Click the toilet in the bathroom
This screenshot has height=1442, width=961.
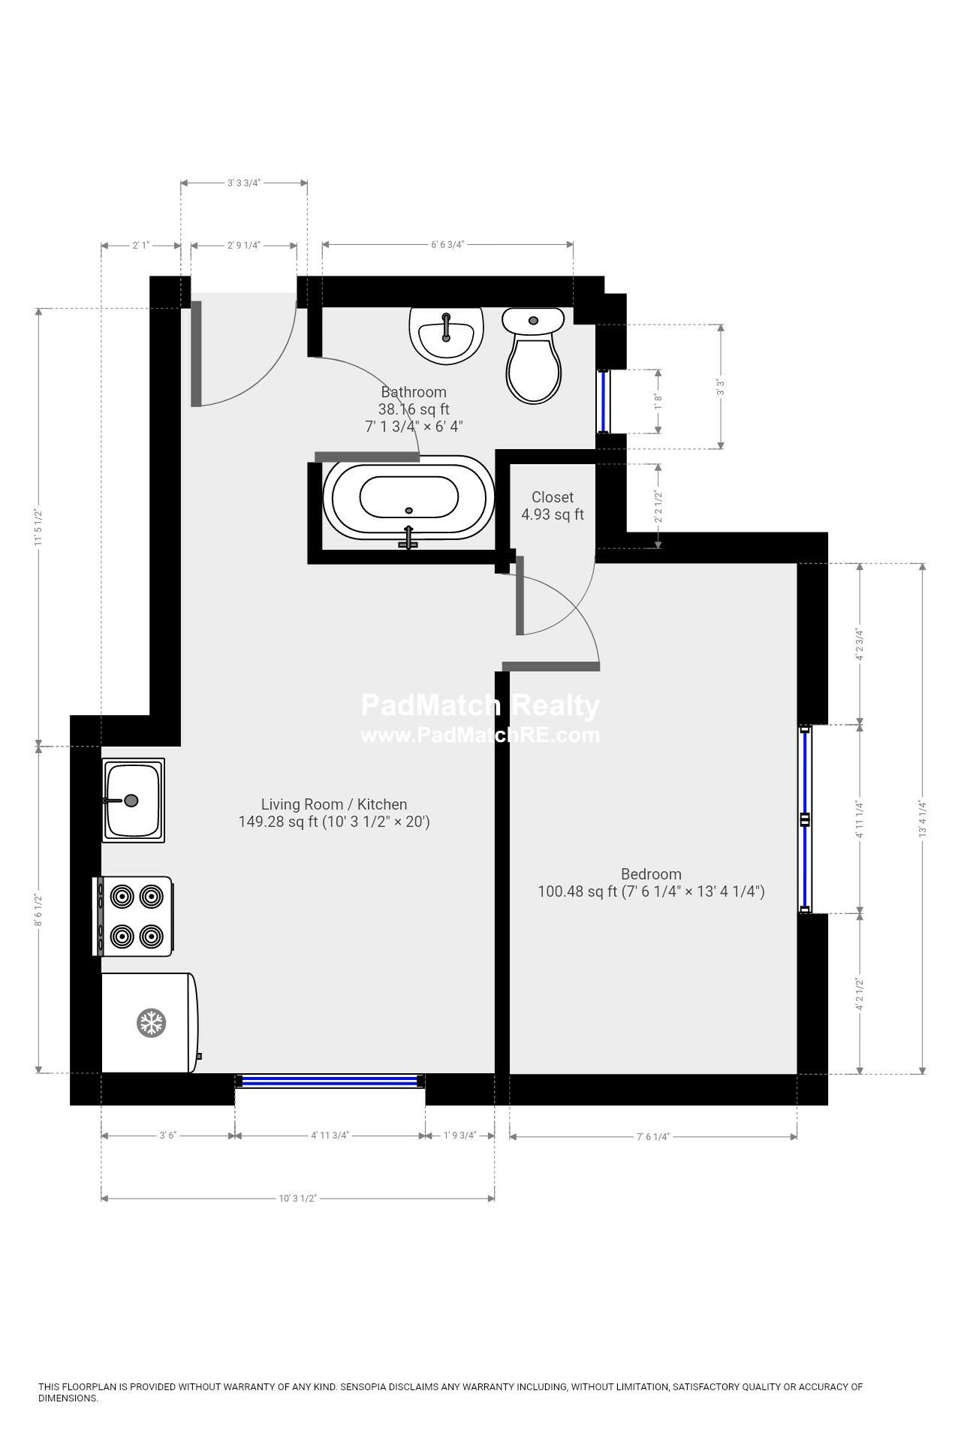(533, 355)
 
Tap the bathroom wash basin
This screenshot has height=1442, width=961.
(446, 336)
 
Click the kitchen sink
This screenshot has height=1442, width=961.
(134, 800)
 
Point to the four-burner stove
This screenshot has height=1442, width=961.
(133, 916)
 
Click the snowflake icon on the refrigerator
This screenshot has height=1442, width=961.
(151, 1023)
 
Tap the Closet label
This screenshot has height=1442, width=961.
(553, 497)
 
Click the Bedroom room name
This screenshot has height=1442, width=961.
(651, 874)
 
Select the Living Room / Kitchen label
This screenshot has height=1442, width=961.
(334, 804)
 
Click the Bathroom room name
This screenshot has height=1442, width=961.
(414, 392)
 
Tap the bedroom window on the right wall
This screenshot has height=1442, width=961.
(806, 819)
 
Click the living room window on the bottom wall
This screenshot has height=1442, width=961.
(330, 1081)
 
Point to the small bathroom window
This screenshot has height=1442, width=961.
(604, 401)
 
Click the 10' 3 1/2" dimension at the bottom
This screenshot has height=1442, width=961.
(298, 1199)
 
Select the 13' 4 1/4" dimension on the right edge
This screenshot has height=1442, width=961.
(923, 819)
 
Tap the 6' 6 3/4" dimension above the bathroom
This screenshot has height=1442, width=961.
(448, 244)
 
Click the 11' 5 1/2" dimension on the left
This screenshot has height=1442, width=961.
(38, 527)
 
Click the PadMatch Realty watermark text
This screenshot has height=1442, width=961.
(480, 706)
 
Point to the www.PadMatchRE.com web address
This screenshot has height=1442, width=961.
(480, 735)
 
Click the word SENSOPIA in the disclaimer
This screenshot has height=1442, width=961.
(363, 1387)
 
